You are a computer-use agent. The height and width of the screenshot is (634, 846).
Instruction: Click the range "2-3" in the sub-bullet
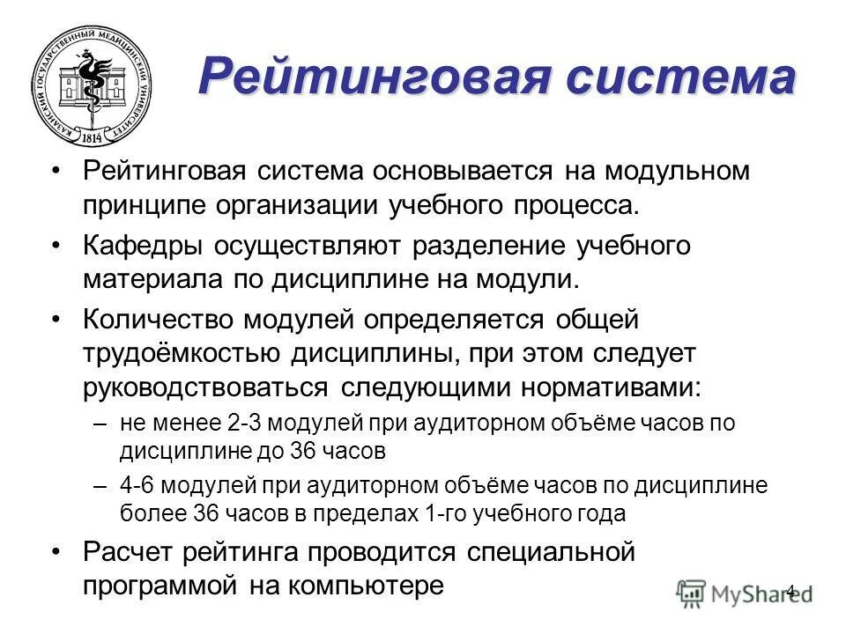[240, 423]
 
